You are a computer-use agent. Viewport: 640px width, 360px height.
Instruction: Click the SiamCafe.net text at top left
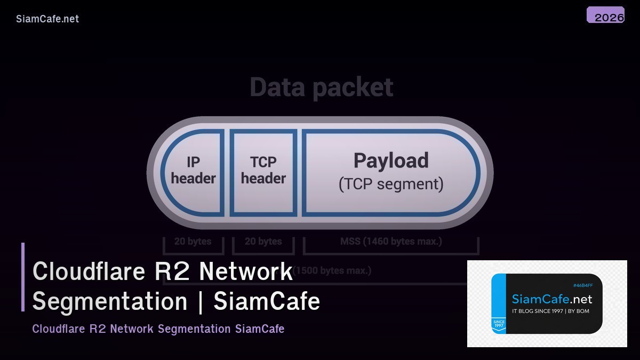[47, 19]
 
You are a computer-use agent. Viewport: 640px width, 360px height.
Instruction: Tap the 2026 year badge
[606, 16]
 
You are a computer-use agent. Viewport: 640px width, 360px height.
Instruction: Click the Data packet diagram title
[321, 87]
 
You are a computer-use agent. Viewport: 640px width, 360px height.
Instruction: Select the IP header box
[193, 171]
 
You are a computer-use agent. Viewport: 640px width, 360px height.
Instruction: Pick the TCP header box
[263, 171]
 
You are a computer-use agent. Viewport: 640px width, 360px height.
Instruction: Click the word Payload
[391, 161]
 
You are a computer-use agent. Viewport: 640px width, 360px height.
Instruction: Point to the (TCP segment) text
[391, 184]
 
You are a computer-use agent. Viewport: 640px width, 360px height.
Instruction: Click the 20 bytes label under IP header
[193, 242]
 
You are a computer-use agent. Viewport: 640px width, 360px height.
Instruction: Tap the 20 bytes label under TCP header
[263, 242]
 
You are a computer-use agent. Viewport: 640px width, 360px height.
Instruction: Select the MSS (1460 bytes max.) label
[391, 242]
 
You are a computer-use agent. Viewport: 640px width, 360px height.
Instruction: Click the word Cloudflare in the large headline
[89, 271]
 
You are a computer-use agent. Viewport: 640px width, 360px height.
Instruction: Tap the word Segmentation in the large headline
[110, 301]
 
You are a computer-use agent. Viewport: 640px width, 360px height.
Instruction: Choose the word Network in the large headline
[246, 271]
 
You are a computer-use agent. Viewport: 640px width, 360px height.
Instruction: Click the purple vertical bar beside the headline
[23, 277]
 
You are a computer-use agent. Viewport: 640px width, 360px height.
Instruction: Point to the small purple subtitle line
[158, 329]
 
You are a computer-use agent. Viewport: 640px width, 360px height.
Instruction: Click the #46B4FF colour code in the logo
[582, 286]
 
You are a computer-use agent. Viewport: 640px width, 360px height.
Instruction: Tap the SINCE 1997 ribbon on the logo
[499, 325]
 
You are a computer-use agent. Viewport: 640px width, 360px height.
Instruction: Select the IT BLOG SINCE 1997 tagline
[550, 311]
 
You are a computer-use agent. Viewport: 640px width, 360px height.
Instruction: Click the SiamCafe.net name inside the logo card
[551, 299]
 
